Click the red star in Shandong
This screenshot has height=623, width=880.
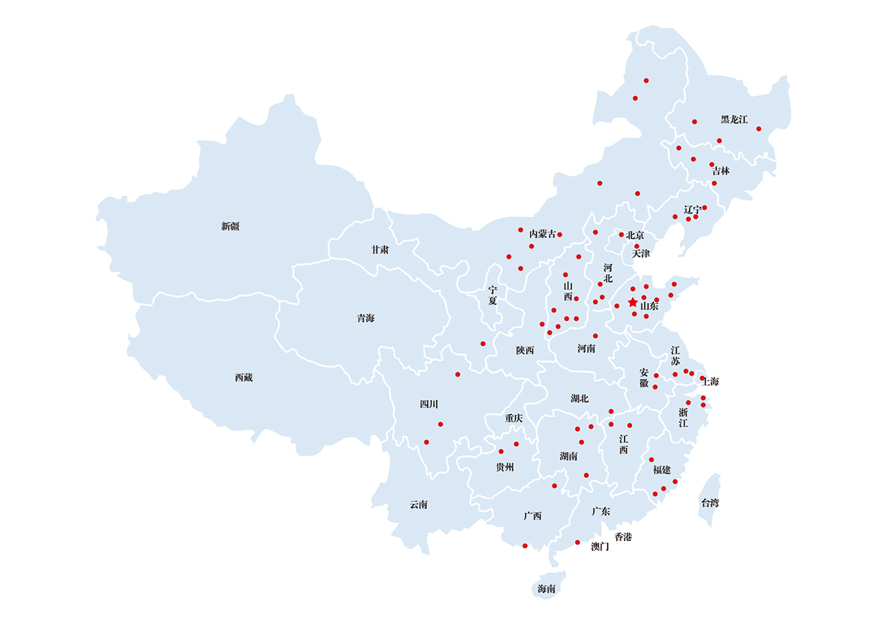click(x=633, y=302)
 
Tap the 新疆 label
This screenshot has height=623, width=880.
click(x=230, y=226)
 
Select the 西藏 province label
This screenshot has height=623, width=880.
click(x=243, y=377)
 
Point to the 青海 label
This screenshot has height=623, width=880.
click(x=365, y=318)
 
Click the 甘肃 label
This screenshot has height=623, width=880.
click(x=380, y=250)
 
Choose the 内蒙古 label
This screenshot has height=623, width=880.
click(x=542, y=234)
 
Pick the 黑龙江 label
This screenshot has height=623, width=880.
click(x=733, y=119)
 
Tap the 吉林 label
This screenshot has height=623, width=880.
click(x=721, y=171)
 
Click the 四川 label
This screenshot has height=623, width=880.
click(x=428, y=404)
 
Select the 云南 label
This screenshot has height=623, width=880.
click(x=419, y=504)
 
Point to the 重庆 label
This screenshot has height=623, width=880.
click(x=514, y=418)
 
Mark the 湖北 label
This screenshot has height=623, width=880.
click(x=579, y=399)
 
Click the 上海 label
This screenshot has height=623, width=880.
click(x=711, y=382)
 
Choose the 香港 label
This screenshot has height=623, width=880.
click(x=623, y=537)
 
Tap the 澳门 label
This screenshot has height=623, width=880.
click(x=600, y=547)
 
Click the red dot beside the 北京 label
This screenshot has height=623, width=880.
click(x=621, y=235)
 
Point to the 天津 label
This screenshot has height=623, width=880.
click(x=641, y=254)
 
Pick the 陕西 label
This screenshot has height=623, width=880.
click(x=525, y=350)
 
